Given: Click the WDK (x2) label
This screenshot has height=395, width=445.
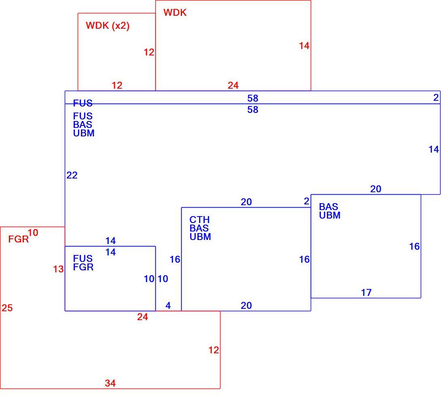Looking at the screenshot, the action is point(108,25).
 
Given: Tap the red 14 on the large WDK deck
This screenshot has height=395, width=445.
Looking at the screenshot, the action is point(304,46).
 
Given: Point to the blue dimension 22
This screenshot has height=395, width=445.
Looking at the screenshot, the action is point(72,175).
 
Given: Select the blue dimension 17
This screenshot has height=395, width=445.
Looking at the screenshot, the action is point(366,293).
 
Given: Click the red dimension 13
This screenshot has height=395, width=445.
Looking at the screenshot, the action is point(58,269).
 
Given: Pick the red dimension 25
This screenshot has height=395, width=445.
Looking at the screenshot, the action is point(7,308).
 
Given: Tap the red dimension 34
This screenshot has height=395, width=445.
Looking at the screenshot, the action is point(110,383).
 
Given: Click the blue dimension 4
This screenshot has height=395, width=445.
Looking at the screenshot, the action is point(168,306).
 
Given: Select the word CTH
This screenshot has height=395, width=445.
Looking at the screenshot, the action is point(199,219).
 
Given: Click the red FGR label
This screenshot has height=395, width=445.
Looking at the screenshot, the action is point(19,239).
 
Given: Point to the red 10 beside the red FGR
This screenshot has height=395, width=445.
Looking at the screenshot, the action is point(33,233).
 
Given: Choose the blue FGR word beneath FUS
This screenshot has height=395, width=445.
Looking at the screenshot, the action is point(83,267).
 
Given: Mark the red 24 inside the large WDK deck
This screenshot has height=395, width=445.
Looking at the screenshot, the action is point(233,85).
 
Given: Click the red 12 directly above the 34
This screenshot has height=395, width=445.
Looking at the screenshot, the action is point(214,350).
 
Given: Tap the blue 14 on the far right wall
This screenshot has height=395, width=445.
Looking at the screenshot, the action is point(434,149).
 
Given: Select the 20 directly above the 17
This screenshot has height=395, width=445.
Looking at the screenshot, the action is point(375,189).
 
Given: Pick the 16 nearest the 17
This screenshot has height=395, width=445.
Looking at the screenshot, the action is point(414,246).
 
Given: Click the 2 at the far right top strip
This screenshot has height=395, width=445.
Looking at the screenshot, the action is point(436,98).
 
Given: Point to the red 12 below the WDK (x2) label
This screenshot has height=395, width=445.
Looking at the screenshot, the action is point(117,85).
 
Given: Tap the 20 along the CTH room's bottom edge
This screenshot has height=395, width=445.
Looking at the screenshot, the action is point(246,306).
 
